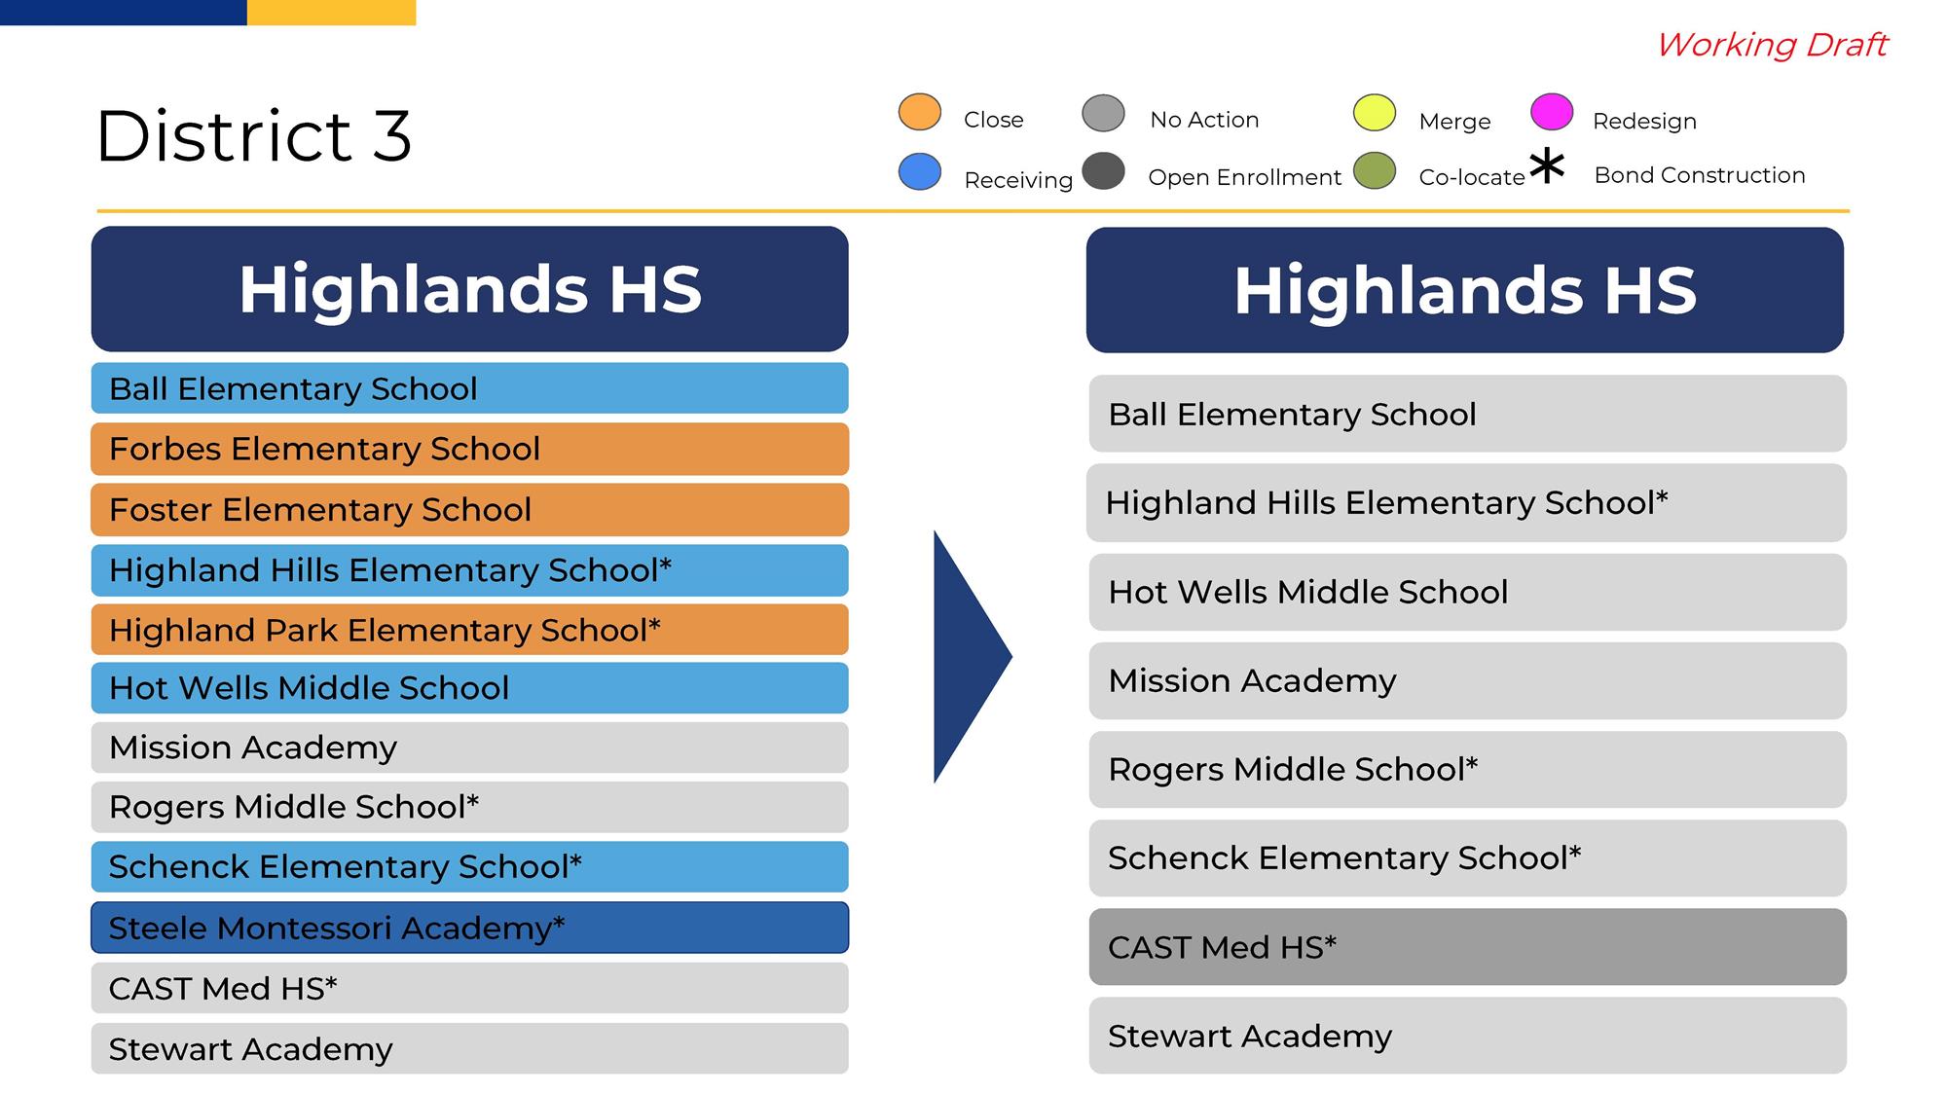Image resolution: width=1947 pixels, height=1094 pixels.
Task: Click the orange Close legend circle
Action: pos(919,112)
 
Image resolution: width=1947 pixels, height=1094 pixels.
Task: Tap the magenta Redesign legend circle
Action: pos(1552,112)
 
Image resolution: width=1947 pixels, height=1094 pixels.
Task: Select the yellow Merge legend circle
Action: pos(1375,112)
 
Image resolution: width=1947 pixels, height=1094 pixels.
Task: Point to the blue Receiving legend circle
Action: pos(919,171)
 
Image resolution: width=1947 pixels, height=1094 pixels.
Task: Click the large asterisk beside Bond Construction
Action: pos(1547,166)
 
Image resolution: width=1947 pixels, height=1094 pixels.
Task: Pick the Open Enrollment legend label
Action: pos(1244,177)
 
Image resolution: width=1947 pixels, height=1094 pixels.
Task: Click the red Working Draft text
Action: pos(1772,45)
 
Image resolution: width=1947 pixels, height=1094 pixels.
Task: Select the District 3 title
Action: pos(254,135)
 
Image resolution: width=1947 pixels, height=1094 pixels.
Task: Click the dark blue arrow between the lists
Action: pos(973,657)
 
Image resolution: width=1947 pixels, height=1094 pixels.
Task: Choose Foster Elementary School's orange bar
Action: pos(469,509)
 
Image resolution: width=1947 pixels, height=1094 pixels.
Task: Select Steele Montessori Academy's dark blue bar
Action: pos(469,928)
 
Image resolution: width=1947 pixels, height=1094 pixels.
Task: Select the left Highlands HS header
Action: pos(469,289)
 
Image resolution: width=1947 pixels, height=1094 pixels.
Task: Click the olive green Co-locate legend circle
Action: pos(1375,171)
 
